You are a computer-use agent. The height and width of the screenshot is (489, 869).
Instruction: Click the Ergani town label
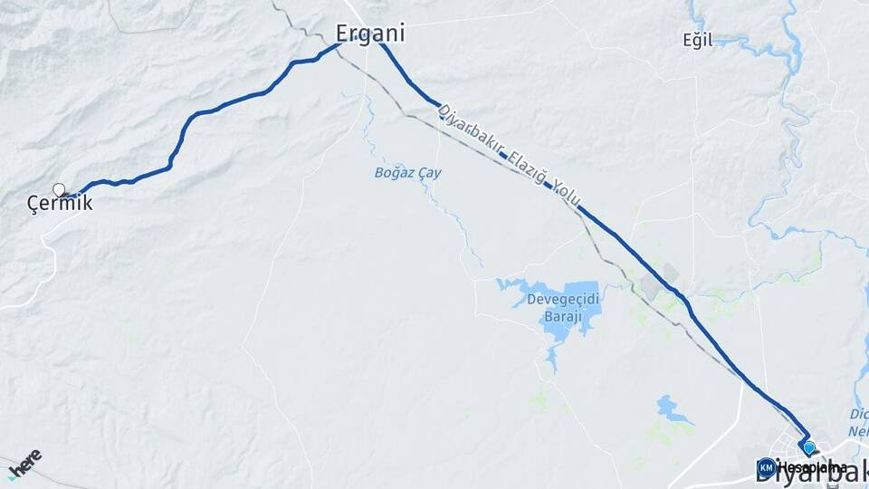(x=370, y=34)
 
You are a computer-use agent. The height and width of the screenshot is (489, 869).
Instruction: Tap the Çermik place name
(x=60, y=205)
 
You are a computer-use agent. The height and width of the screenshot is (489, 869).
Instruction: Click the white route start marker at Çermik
(x=59, y=190)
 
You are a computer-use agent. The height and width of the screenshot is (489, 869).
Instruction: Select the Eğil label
(x=699, y=40)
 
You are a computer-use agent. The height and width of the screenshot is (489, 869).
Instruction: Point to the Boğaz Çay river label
(x=407, y=172)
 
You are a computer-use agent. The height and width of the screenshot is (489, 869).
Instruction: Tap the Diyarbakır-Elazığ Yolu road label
(x=510, y=158)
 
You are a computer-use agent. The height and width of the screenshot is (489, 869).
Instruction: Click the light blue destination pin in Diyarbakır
(x=808, y=447)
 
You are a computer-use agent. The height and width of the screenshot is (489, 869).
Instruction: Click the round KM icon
(x=766, y=467)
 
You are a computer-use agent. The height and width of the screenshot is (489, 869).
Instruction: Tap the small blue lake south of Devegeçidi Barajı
(x=673, y=408)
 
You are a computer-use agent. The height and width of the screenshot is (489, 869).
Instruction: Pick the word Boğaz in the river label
(x=395, y=172)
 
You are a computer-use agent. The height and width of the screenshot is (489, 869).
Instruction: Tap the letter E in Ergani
(x=345, y=34)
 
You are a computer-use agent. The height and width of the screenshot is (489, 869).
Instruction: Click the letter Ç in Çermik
(x=33, y=205)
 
